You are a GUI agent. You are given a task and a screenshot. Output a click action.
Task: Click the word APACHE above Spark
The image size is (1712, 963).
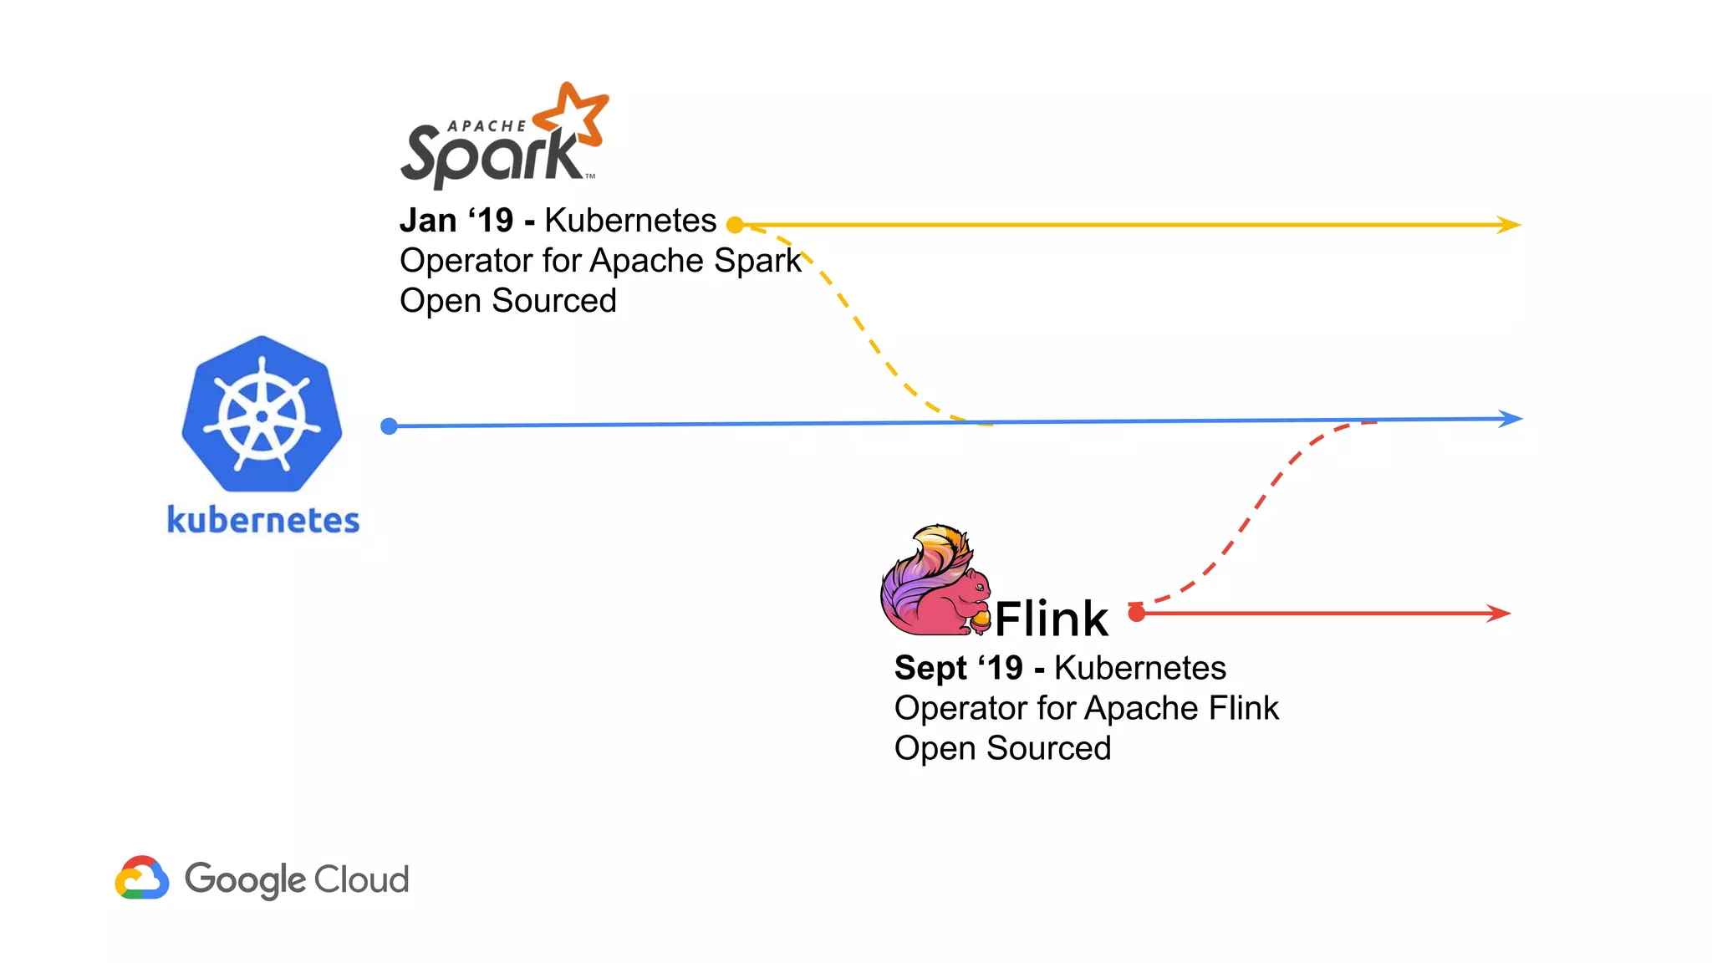(x=487, y=126)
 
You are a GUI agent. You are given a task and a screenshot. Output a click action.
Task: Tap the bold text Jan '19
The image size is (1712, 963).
(x=456, y=221)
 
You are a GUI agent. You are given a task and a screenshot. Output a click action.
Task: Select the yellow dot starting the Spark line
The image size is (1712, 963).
(x=735, y=224)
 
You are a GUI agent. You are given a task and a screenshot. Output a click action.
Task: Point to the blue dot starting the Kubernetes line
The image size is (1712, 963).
(x=389, y=426)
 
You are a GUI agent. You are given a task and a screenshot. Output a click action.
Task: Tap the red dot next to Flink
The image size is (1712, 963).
(x=1136, y=614)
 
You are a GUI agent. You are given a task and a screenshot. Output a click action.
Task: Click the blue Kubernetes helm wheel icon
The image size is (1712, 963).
(x=262, y=415)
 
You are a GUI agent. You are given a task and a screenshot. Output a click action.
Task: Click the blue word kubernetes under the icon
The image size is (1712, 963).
(x=263, y=520)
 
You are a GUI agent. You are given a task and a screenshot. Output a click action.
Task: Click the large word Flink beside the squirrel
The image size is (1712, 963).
(x=1051, y=619)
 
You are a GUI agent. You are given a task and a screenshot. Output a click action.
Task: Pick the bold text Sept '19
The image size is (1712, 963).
(x=958, y=668)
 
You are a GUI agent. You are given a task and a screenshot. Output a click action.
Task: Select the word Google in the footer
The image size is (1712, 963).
(x=245, y=880)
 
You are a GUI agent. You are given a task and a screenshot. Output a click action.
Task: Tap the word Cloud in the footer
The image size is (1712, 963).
(x=361, y=879)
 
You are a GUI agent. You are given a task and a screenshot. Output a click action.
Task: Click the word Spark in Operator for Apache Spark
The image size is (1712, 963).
(x=757, y=261)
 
